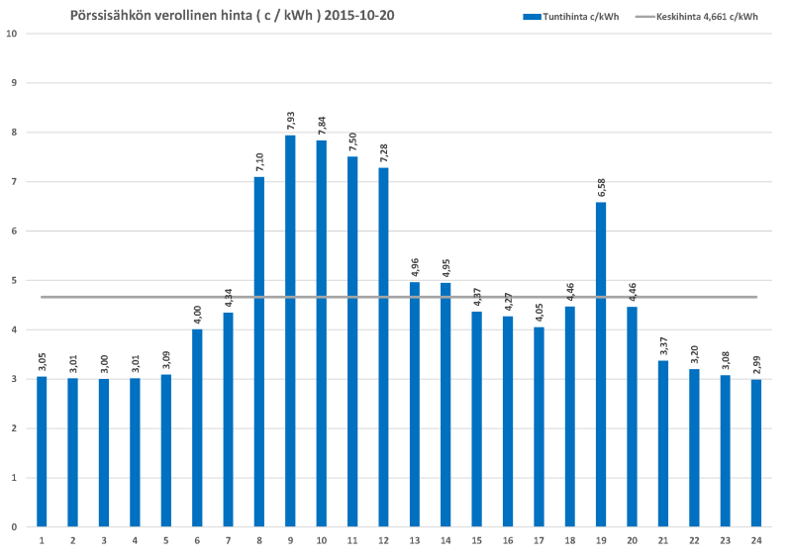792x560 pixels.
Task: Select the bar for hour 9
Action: pyautogui.click(x=290, y=330)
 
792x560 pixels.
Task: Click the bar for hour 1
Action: pyautogui.click(x=42, y=451)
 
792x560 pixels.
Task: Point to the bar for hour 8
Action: pyautogui.click(x=259, y=351)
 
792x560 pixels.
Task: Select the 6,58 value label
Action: pyautogui.click(x=601, y=187)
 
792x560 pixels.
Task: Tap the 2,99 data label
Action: pyautogui.click(x=756, y=364)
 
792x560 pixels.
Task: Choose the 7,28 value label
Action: pyautogui.click(x=383, y=152)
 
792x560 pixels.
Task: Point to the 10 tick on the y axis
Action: pyautogui.click(x=13, y=34)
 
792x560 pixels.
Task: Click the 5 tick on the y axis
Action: pyautogui.click(x=14, y=280)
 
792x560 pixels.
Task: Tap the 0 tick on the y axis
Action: pyautogui.click(x=14, y=527)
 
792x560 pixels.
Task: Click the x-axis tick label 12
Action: pyautogui.click(x=383, y=541)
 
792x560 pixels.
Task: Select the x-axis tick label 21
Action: pyautogui.click(x=663, y=541)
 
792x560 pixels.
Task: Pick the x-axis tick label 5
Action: pyautogui.click(x=166, y=541)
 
